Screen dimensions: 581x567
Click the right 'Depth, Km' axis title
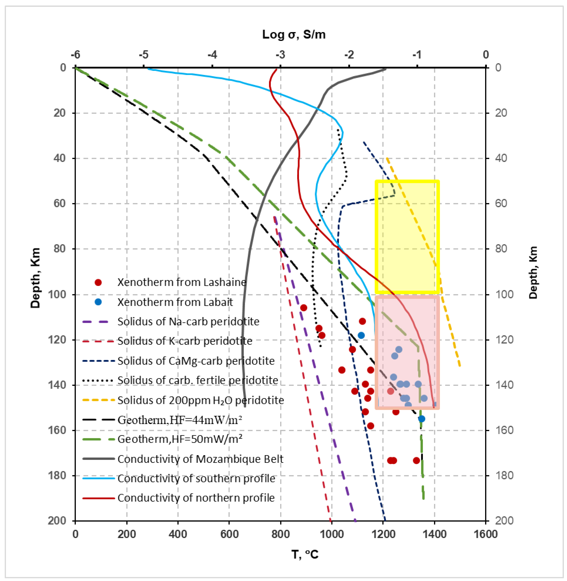pos(533,272)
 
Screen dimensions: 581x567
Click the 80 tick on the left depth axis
pos(60,249)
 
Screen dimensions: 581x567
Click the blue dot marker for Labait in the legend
pos(98,302)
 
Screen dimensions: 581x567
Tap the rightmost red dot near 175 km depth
pos(416,460)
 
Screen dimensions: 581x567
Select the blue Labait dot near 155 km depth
pos(421,419)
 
